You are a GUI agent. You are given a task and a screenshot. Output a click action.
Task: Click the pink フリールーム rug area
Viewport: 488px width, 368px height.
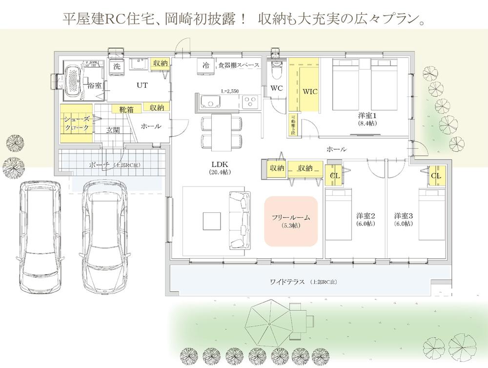pos(291,221)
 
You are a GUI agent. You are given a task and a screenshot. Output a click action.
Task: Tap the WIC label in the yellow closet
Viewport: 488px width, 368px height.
pos(309,91)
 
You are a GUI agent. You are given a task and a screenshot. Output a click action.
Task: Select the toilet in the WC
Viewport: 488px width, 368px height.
pos(277,71)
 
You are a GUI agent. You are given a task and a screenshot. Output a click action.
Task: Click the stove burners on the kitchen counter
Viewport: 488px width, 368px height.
pos(250,102)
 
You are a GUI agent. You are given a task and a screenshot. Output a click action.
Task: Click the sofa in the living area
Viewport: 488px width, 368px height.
pos(239,220)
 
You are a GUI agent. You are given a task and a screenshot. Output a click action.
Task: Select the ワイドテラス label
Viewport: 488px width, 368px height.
pos(287,282)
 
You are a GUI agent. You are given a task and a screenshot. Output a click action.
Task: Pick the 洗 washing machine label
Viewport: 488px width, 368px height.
pos(117,66)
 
